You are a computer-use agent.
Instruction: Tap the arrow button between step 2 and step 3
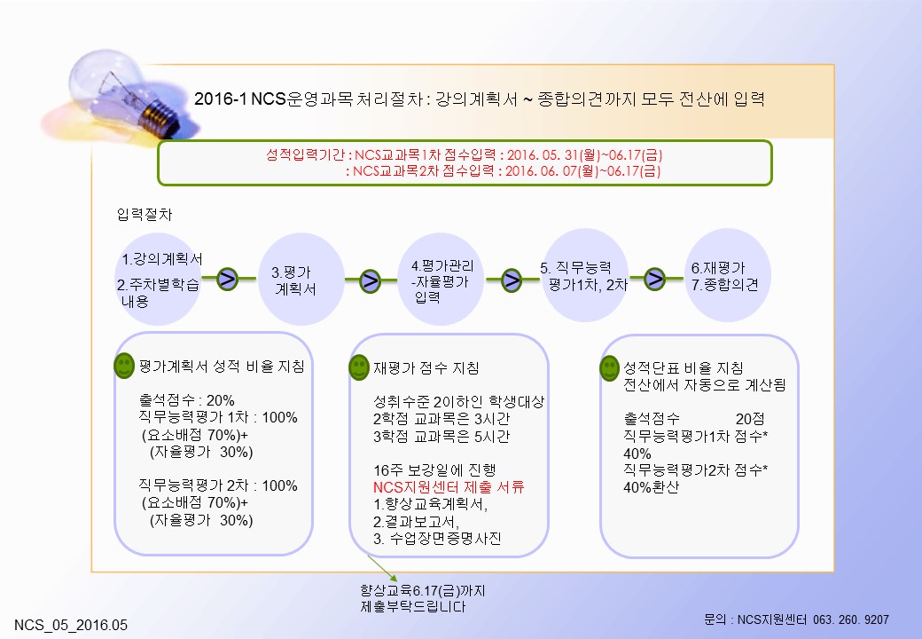click(228, 279)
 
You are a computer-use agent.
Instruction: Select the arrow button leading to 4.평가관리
click(370, 280)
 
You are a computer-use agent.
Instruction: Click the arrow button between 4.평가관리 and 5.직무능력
click(512, 280)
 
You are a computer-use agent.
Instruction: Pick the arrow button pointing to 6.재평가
click(654, 279)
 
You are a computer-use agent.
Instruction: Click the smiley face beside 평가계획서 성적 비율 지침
click(124, 366)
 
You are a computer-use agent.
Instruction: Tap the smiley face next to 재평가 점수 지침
click(359, 367)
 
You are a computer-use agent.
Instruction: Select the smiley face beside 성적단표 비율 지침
click(609, 368)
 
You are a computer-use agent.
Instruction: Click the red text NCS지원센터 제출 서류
click(449, 487)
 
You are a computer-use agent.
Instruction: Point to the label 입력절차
click(145, 215)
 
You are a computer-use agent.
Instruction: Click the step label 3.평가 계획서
click(294, 280)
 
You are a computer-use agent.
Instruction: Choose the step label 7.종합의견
click(724, 285)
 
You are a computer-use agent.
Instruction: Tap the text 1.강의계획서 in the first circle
click(162, 259)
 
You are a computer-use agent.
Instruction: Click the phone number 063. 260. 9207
click(851, 619)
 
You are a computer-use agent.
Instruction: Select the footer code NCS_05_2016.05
click(71, 625)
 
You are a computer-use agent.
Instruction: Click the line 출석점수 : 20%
click(187, 400)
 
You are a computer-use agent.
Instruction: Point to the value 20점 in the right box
click(750, 419)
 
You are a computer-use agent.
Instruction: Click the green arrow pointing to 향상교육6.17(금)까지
click(383, 568)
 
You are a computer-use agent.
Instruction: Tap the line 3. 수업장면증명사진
click(437, 539)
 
